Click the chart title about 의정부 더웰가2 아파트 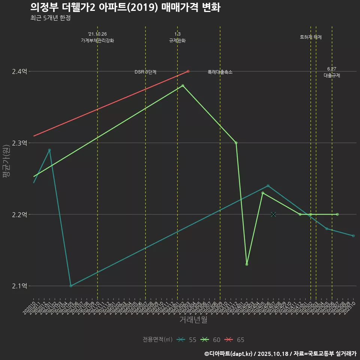(x=125, y=7)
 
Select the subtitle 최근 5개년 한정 (x=50, y=18)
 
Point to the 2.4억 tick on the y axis (x=19, y=71)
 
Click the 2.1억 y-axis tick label (x=19, y=286)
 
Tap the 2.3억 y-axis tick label (x=19, y=143)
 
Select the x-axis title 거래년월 (x=193, y=320)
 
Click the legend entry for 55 (x=187, y=340)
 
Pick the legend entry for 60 (x=210, y=340)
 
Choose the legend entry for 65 (x=234, y=340)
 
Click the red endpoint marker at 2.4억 (x=188, y=71)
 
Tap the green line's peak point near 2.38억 (x=183, y=85)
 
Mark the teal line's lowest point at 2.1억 (x=71, y=286)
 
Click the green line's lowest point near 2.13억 (x=247, y=264)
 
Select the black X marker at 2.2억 (x=273, y=214)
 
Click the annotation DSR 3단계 (x=145, y=72)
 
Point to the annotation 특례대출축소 (x=220, y=72)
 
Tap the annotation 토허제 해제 (x=311, y=37)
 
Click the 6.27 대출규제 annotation (x=332, y=72)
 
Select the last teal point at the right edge (x=353, y=236)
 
